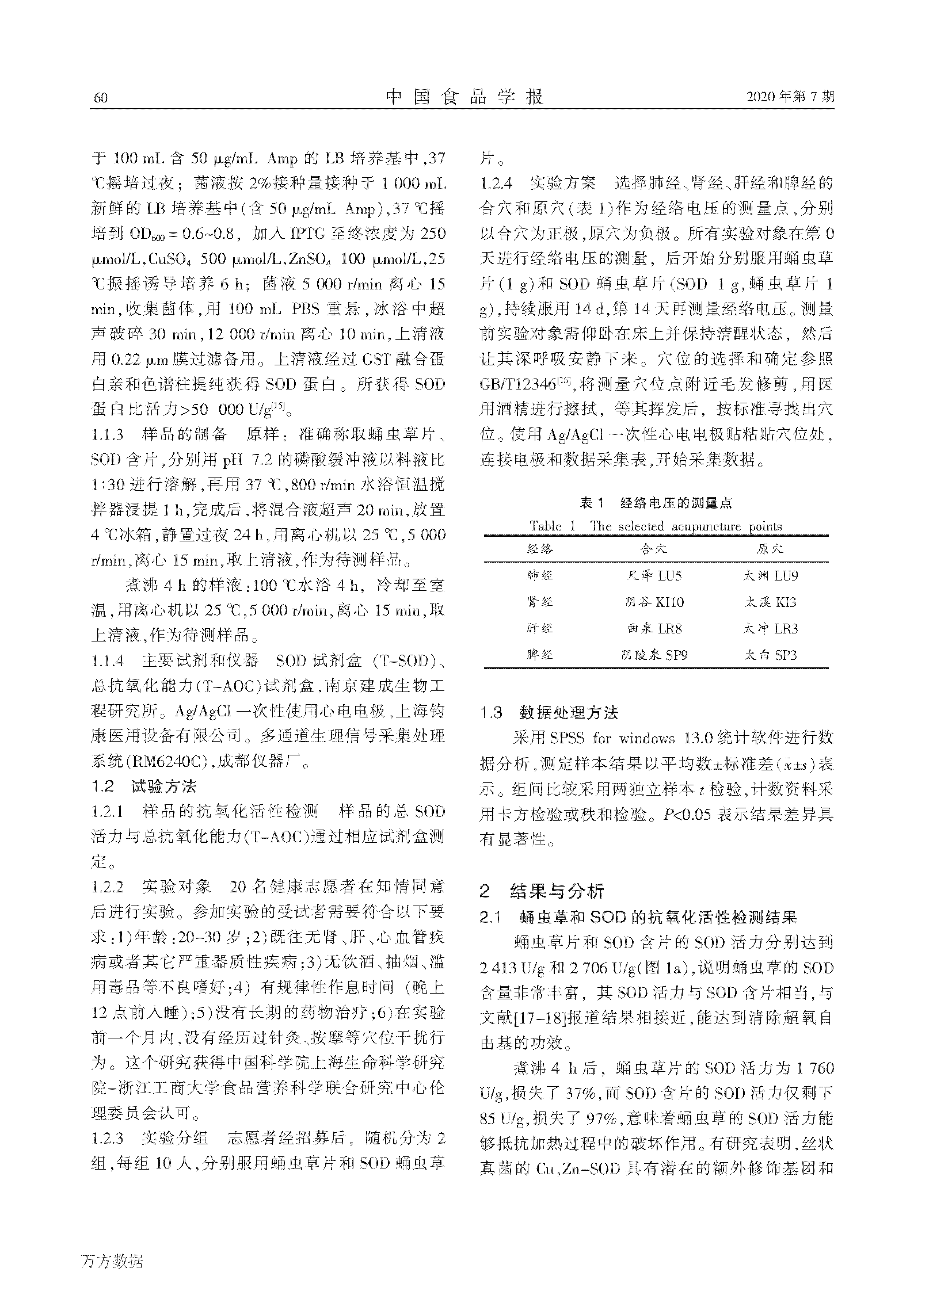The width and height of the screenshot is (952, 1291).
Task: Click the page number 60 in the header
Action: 100,97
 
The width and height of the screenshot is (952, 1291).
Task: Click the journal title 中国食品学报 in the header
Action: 464,97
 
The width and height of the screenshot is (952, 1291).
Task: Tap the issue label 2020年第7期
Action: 790,97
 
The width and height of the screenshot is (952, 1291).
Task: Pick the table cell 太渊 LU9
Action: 771,575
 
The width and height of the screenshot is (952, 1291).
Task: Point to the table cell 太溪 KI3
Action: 771,602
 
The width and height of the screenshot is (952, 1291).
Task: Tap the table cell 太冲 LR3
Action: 771,628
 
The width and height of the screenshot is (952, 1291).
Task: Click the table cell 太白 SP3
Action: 771,655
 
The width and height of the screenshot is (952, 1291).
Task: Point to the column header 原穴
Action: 771,549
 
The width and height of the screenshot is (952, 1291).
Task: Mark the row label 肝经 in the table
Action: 540,628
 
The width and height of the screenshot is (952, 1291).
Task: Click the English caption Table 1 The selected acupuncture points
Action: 656,526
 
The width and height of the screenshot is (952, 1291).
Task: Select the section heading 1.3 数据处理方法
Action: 549,713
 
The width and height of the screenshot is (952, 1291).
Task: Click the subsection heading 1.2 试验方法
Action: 143,786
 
